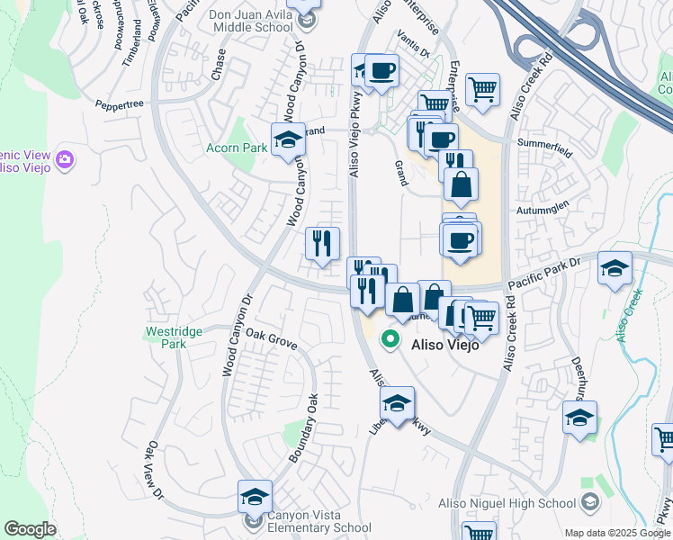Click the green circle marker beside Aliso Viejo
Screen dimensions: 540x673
tap(390, 339)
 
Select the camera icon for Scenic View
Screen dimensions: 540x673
tap(64, 159)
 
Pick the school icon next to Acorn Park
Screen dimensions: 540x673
tap(289, 139)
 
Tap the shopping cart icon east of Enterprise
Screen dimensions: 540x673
tap(483, 89)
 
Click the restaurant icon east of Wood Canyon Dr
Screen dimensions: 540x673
tap(322, 242)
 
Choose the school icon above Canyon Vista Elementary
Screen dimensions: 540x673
tap(255, 496)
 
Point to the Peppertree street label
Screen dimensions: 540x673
tap(120, 105)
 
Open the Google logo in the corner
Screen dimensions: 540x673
tap(31, 528)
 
